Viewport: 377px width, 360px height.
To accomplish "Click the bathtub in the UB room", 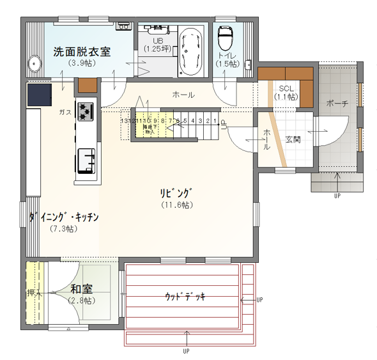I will coord(190,52).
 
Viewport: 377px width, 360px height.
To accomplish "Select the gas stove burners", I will coord(86,111).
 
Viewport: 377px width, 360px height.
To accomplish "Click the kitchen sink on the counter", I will coord(86,160).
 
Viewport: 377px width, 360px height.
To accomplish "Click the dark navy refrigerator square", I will coord(40,95).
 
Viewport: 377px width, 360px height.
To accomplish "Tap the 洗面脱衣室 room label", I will coord(82,51).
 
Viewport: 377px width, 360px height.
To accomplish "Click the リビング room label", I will coord(177,192).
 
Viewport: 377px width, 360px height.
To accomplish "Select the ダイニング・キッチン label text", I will coord(63,217).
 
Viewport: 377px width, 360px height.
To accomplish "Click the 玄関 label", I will coord(293,139).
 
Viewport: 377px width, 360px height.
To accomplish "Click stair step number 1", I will coord(215,120).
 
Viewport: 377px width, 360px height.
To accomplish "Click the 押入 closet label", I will coord(35,293).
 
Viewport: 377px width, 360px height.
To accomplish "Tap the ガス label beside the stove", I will coord(65,112).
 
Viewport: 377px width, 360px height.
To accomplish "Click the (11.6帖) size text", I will coord(177,205).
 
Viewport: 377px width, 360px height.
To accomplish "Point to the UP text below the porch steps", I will coord(337,196).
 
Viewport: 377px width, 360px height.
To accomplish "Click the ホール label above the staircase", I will coord(183,95).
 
